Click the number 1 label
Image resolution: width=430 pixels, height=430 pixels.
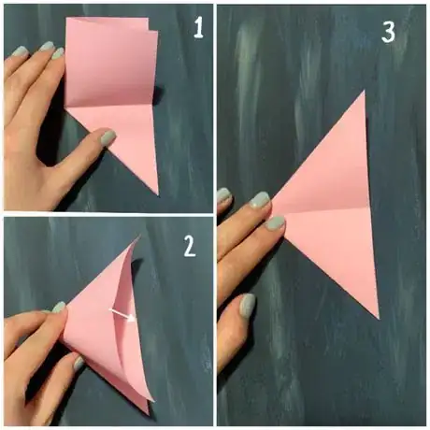click(x=198, y=27)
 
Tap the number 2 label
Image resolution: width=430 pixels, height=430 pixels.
click(x=190, y=246)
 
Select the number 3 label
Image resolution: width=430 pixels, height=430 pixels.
click(x=388, y=32)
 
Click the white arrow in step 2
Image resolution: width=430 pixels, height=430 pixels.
click(x=122, y=314)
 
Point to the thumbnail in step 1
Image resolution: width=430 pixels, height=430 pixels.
click(x=107, y=137)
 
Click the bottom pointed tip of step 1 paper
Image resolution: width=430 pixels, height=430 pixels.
click(x=158, y=195)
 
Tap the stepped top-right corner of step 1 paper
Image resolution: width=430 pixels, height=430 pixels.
click(x=152, y=26)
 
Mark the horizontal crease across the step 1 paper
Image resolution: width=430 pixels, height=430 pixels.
click(x=111, y=106)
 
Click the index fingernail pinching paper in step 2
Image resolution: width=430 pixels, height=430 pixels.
click(x=59, y=308)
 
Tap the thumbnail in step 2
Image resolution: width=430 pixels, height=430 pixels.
click(x=79, y=364)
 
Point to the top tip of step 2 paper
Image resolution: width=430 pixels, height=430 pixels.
click(x=139, y=236)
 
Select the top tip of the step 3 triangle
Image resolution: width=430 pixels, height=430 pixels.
click(x=364, y=91)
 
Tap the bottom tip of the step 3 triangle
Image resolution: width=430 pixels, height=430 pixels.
click(x=379, y=319)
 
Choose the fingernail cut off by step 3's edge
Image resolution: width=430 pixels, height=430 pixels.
click(x=223, y=195)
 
